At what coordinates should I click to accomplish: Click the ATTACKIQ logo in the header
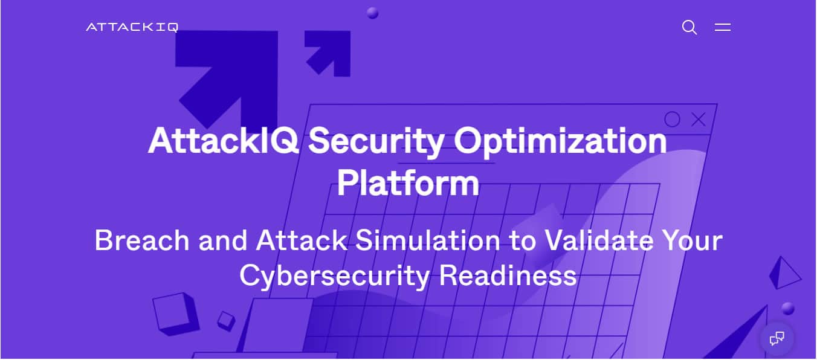coord(132,27)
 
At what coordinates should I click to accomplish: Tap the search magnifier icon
coord(689,27)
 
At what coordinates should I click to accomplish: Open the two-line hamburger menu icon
coord(723,27)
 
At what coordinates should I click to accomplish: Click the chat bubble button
coord(777,338)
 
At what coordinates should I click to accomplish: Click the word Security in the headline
coord(376,141)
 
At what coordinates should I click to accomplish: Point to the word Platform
coord(408,183)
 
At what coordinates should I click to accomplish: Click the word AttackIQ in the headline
coord(223,141)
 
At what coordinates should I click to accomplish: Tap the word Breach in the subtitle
coord(142,240)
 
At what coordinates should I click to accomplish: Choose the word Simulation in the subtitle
coord(428,240)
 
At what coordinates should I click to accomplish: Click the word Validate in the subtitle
coord(599,240)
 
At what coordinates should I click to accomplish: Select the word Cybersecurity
coord(335,277)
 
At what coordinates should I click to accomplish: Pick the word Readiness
coord(508,275)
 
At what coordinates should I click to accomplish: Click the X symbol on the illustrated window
coord(699,119)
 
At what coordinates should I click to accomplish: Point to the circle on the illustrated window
coord(672,119)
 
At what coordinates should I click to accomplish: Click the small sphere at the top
coord(372,13)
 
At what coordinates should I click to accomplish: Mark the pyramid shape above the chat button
coord(784,274)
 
